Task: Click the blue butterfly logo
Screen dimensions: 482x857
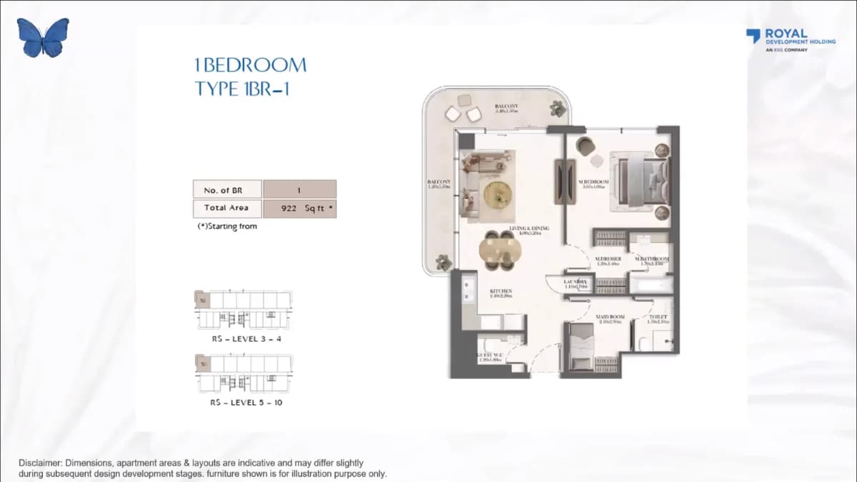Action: pyautogui.click(x=44, y=38)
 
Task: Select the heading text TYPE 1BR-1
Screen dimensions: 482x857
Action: pyautogui.click(x=241, y=89)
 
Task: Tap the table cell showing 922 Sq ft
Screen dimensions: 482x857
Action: pyautogui.click(x=299, y=208)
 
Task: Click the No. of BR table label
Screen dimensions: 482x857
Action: pyautogui.click(x=227, y=190)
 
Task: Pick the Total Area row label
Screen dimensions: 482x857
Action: pyautogui.click(x=227, y=208)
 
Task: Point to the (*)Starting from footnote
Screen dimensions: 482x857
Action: pyautogui.click(x=226, y=226)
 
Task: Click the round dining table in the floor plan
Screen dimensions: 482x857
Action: pyautogui.click(x=499, y=251)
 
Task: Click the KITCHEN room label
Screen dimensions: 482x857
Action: pyautogui.click(x=500, y=291)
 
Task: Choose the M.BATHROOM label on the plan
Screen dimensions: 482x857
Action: pyautogui.click(x=651, y=259)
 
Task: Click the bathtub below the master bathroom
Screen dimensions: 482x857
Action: pyautogui.click(x=649, y=286)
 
